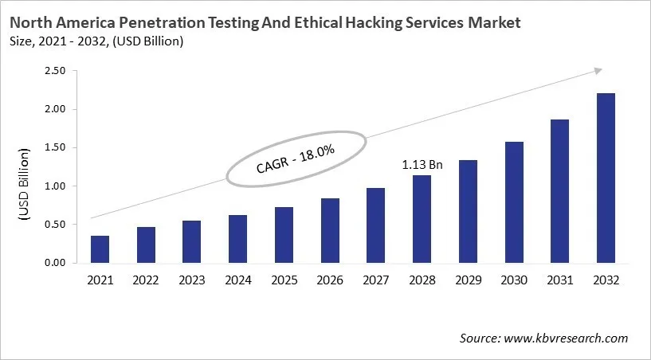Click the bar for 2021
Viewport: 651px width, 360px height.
point(100,249)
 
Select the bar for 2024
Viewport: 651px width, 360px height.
point(238,239)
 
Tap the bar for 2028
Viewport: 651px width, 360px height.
point(422,219)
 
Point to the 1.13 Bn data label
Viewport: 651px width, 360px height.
point(422,165)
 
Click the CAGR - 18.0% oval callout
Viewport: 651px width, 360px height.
point(296,158)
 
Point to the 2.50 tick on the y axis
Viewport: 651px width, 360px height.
point(55,71)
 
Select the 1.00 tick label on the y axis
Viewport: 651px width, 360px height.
point(55,186)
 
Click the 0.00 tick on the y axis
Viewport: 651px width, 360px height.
point(55,263)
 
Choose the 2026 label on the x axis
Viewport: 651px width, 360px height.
point(330,280)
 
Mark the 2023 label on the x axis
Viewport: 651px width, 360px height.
point(192,280)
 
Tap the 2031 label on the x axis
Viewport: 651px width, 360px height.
point(559,280)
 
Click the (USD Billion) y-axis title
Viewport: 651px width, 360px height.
point(25,185)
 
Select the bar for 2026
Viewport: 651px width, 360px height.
point(330,230)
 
